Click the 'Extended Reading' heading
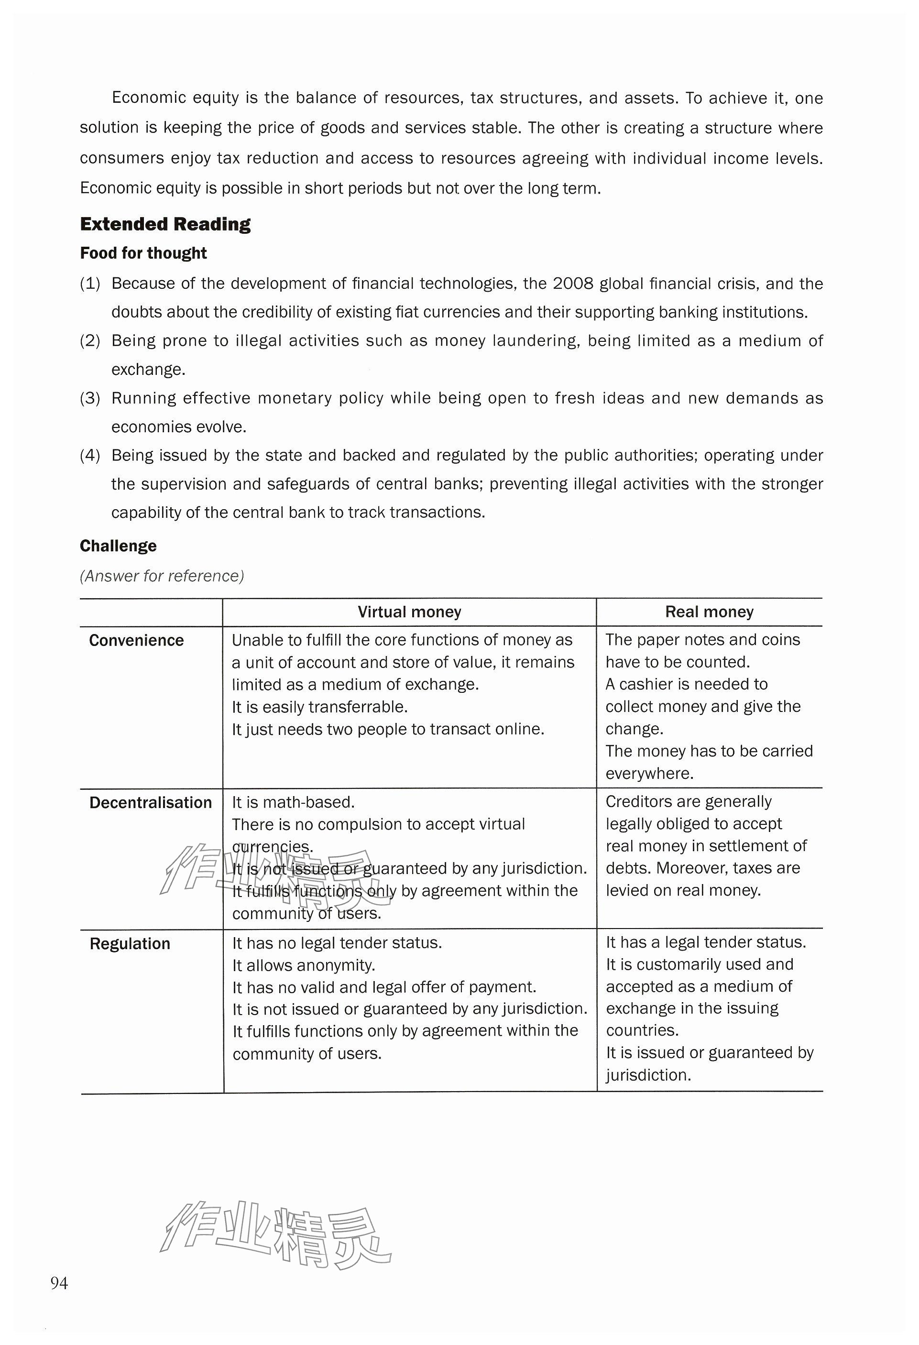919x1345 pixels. tap(165, 224)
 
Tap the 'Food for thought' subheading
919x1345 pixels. tap(143, 253)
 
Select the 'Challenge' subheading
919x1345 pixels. tap(118, 546)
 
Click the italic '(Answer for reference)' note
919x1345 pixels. tap(162, 576)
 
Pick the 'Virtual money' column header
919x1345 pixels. tap(409, 612)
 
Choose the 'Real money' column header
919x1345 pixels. tap(709, 612)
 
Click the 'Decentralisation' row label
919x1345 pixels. tap(151, 802)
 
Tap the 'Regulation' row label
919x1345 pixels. tap(130, 943)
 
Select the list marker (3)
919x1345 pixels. tap(90, 398)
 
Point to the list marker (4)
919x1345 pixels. tap(90, 456)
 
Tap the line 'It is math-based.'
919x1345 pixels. tap(294, 802)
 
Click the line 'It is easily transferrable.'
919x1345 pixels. tap(319, 707)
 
